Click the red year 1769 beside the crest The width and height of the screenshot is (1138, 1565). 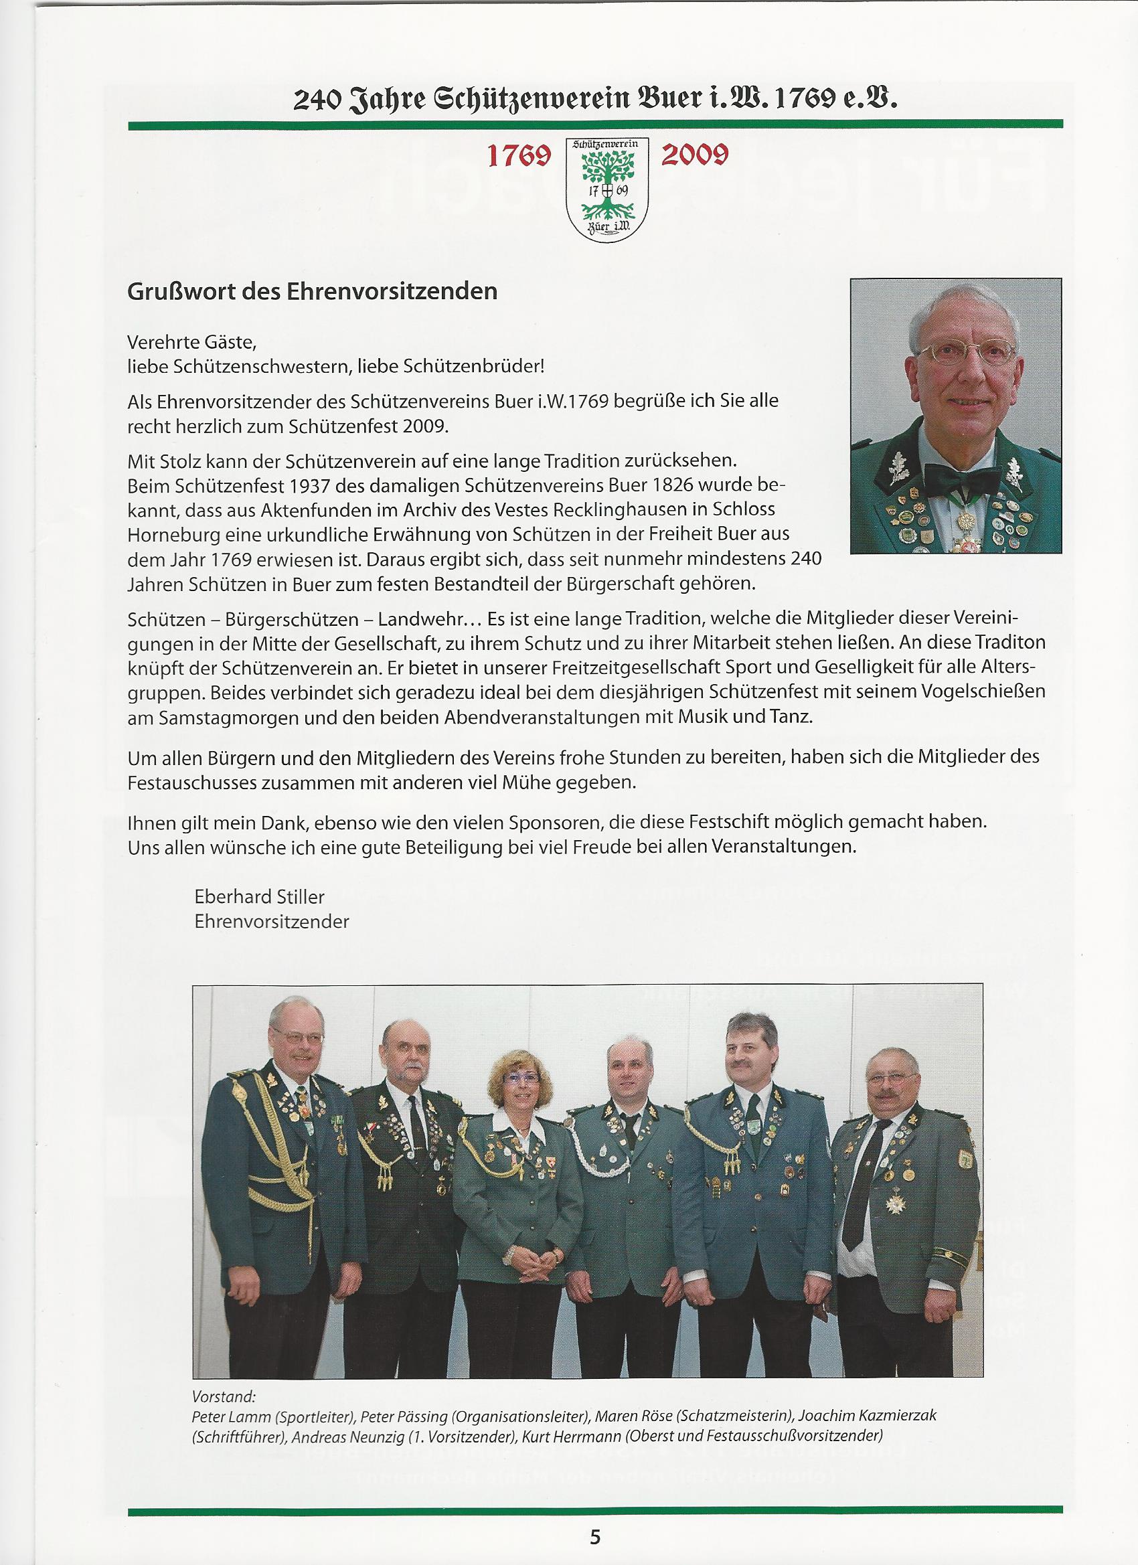[519, 157]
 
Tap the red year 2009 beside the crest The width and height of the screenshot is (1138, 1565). [694, 156]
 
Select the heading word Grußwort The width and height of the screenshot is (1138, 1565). [181, 291]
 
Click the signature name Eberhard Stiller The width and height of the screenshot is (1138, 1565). [260, 896]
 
